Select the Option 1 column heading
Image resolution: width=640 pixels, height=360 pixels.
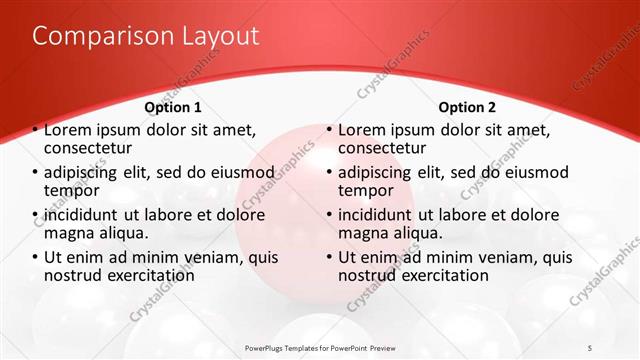(x=173, y=107)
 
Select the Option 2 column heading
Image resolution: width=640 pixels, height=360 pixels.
(x=467, y=107)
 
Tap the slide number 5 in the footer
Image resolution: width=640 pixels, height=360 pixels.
(x=591, y=347)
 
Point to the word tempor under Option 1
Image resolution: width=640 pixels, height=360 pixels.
(x=71, y=190)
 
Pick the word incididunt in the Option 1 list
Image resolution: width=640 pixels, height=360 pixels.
(x=85, y=215)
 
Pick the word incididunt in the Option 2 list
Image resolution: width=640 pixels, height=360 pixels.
(x=380, y=215)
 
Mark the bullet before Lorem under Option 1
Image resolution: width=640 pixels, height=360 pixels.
(x=36, y=130)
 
